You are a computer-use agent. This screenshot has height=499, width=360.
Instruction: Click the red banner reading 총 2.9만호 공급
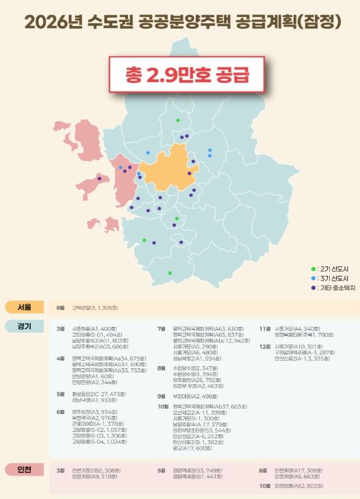(179, 73)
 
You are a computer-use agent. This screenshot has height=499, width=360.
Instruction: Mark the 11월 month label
(264, 329)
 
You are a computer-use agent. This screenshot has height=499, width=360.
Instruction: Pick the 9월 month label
(162, 396)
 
